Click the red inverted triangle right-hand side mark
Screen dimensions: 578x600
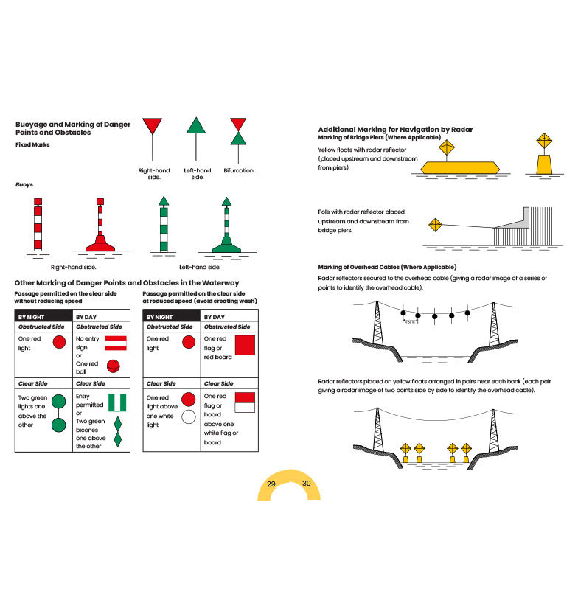click(152, 126)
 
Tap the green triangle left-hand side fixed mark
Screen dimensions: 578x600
click(196, 125)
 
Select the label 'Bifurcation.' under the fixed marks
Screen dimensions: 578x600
click(239, 170)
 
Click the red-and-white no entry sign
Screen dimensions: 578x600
click(116, 343)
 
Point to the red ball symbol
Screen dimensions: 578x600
click(114, 366)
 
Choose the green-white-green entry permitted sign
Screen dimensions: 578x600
click(117, 402)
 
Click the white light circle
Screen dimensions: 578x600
click(189, 416)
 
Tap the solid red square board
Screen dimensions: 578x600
click(245, 345)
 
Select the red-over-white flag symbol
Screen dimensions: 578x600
click(245, 402)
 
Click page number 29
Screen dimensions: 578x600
click(271, 484)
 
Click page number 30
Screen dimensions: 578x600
click(306, 484)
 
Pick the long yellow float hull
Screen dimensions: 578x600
click(460, 167)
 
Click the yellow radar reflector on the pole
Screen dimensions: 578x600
click(435, 225)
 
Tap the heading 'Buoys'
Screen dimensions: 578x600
click(24, 184)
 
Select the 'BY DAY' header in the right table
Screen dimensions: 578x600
click(215, 317)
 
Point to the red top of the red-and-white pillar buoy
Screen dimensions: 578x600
click(38, 202)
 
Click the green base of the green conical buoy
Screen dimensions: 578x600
click(226, 245)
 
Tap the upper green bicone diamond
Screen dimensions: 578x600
click(118, 425)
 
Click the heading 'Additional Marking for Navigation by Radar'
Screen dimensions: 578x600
click(395, 129)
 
